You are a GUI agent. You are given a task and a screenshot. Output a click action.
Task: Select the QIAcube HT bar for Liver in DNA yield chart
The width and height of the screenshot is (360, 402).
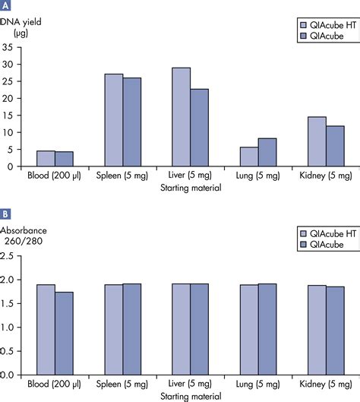click(182, 117)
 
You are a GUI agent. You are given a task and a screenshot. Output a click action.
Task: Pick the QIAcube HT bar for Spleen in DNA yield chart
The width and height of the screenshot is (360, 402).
click(114, 120)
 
